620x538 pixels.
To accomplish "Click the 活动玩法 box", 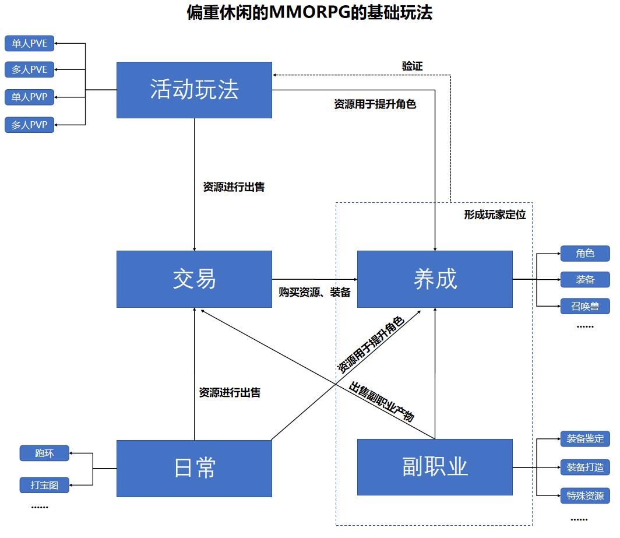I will click(194, 90).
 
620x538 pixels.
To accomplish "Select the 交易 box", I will click(194, 279).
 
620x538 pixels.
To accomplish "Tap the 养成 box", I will click(435, 279).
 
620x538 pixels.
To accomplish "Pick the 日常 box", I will click(194, 468).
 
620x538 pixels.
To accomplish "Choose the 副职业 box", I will click(435, 467).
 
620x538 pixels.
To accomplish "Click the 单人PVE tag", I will click(30, 44).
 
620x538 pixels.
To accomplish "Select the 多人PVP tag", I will click(30, 125).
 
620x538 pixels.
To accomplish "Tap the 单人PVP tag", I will click(30, 97).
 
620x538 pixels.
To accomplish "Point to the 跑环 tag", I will click(44, 453).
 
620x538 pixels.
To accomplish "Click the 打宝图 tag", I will click(44, 484).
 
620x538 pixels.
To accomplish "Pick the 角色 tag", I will click(585, 254).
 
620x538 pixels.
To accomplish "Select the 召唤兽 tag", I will click(585, 306).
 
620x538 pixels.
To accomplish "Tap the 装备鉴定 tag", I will click(585, 439).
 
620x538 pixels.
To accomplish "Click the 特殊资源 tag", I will click(585, 496).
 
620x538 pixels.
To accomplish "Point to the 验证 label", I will click(412, 66).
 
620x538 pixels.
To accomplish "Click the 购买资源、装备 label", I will click(315, 293).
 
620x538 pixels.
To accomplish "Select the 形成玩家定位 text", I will click(495, 215).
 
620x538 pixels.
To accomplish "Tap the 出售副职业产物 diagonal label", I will click(382, 402).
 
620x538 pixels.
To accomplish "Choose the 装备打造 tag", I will click(585, 467).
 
